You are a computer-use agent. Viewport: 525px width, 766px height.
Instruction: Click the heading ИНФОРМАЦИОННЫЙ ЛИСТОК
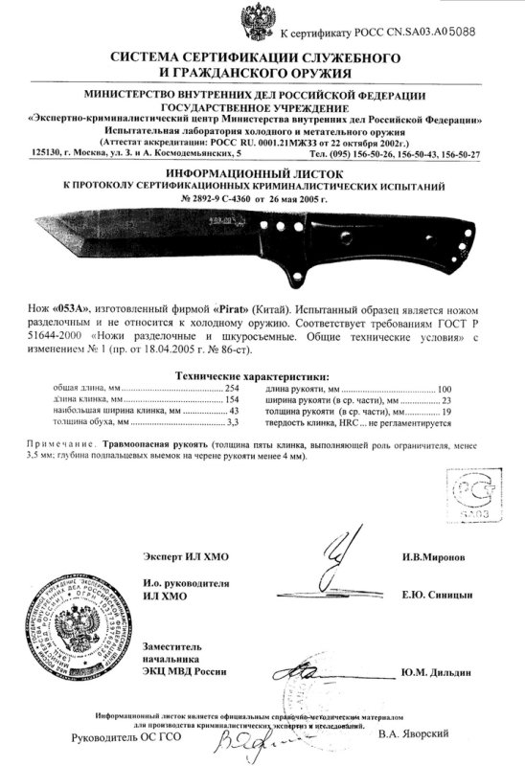(x=262, y=165)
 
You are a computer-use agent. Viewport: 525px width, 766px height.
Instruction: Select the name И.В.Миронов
(x=434, y=556)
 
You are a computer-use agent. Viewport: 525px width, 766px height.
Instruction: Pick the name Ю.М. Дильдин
(x=437, y=673)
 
